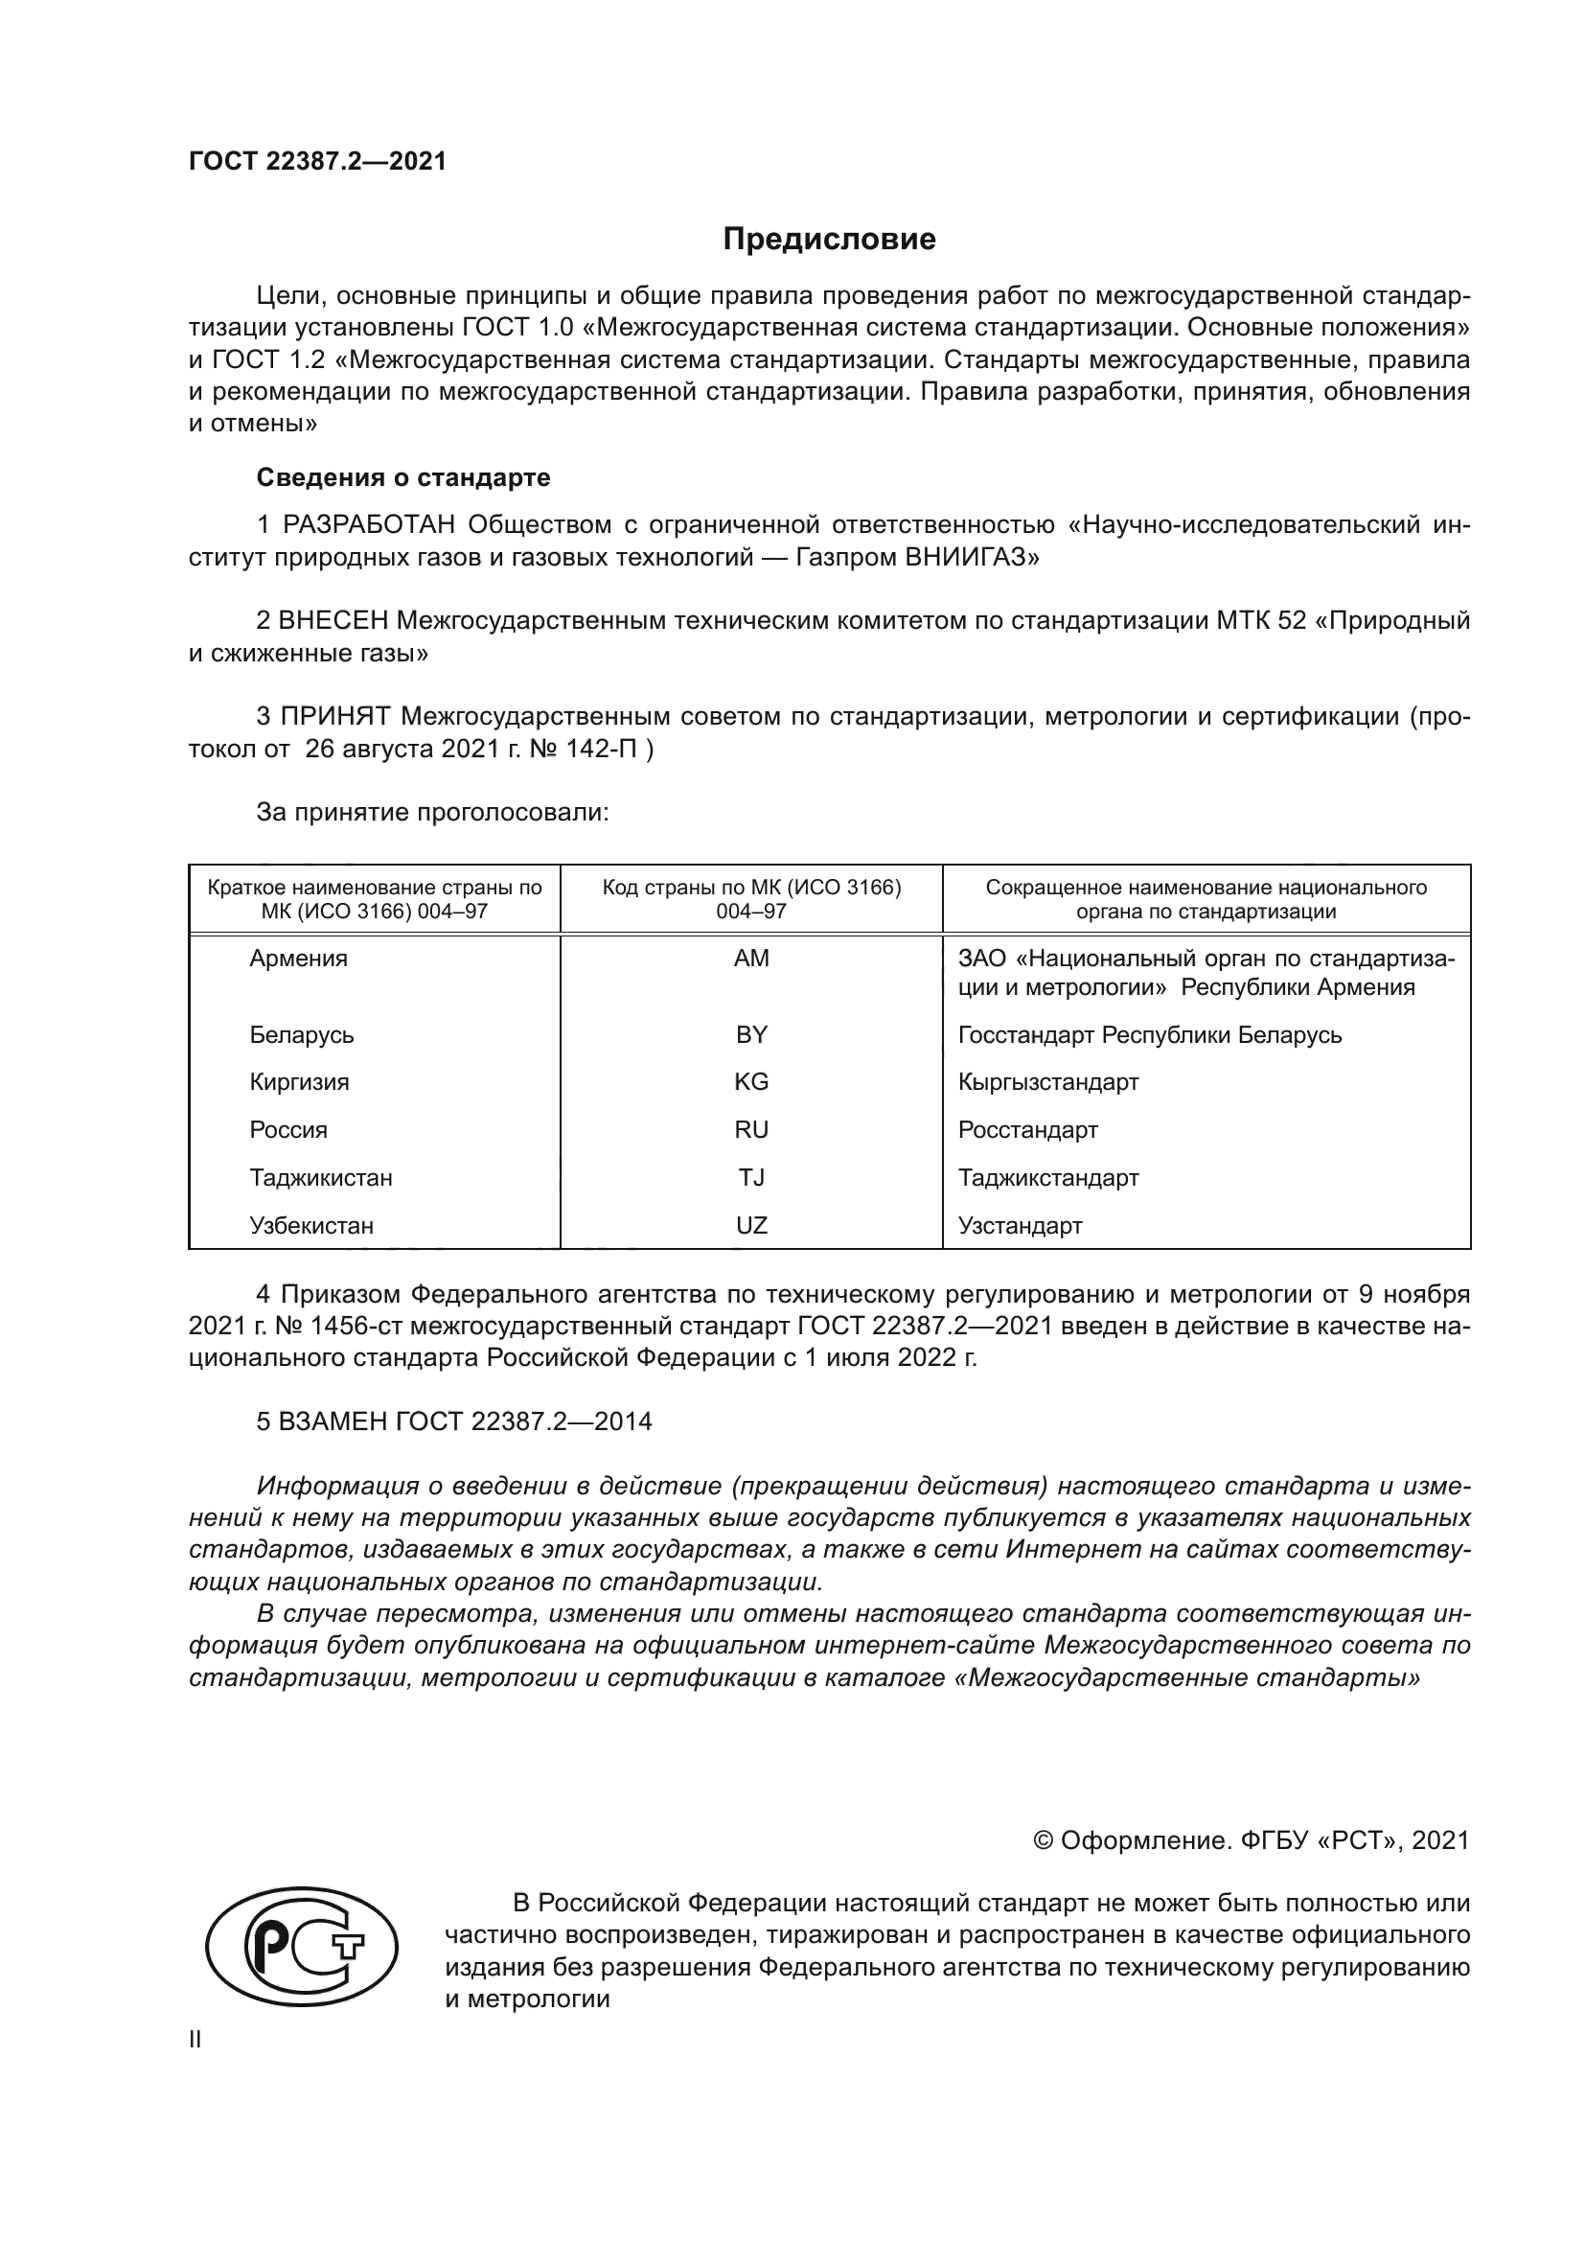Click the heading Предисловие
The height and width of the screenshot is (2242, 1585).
(x=829, y=240)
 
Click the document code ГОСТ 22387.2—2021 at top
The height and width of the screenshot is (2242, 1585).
(x=317, y=162)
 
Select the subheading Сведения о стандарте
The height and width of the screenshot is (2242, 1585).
(x=403, y=477)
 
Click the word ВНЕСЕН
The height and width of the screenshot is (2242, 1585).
(x=334, y=621)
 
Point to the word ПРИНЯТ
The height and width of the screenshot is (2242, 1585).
(x=335, y=717)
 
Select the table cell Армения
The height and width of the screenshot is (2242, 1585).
(x=299, y=959)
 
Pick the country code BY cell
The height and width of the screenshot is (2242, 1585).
(x=750, y=1035)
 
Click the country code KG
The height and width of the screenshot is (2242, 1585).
(x=750, y=1082)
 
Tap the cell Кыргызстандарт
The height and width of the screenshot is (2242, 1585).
(x=1048, y=1082)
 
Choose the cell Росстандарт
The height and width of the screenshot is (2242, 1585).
(x=1027, y=1130)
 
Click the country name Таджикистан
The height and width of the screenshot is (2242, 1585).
(x=321, y=1178)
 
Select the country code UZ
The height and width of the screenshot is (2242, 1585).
(x=750, y=1226)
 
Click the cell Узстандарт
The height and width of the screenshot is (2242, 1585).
(x=1020, y=1226)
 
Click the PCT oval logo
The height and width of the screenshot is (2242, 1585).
(x=302, y=1950)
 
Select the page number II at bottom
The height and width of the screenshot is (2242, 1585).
(x=195, y=2040)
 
